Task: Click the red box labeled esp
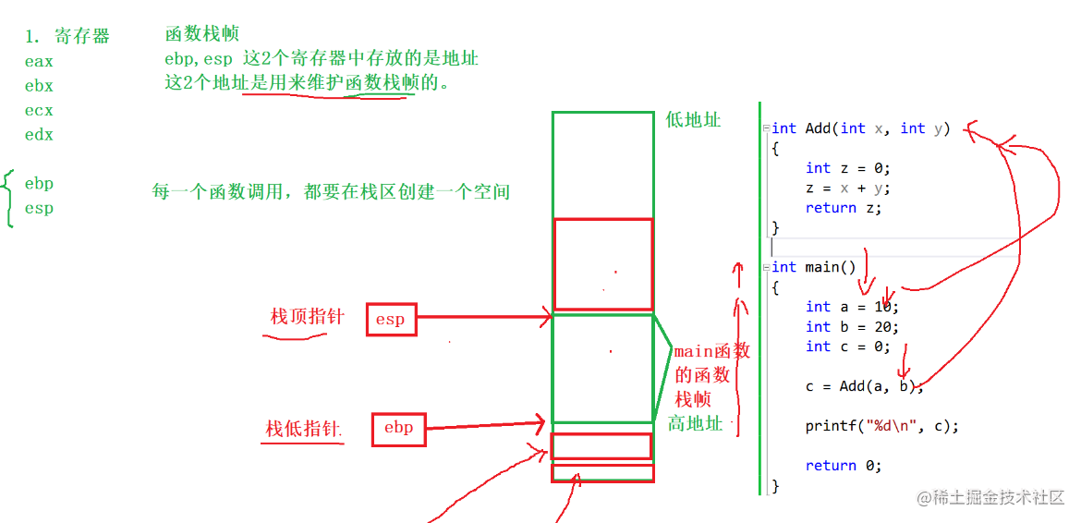[x=391, y=319]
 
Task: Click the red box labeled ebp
[x=398, y=429]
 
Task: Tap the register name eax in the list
[x=39, y=62]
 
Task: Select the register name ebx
[x=39, y=86]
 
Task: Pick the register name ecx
[x=39, y=110]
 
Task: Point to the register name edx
[x=39, y=134]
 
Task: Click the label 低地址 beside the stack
[x=693, y=120]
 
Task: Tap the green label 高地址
[x=696, y=423]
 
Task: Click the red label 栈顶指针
[x=307, y=317]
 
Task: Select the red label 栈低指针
[x=304, y=429]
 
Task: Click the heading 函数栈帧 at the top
[x=201, y=34]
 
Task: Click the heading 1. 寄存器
[x=67, y=37]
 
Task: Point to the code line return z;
[x=844, y=208]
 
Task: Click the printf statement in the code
[x=881, y=426]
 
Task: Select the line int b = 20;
[x=851, y=326]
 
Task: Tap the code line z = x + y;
[x=847, y=188]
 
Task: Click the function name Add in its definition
[x=818, y=128]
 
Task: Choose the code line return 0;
[x=844, y=466]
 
